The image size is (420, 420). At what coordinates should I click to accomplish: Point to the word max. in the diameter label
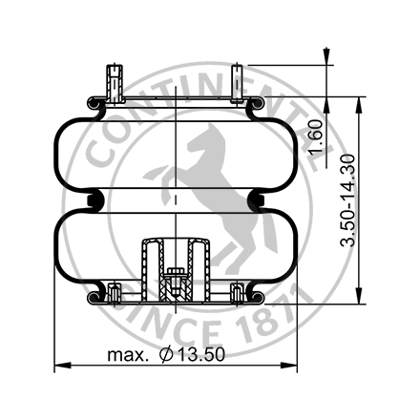[x=127, y=356]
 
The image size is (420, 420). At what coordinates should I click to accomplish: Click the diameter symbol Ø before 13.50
[x=166, y=356]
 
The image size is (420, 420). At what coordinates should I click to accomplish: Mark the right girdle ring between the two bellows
[x=258, y=199]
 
